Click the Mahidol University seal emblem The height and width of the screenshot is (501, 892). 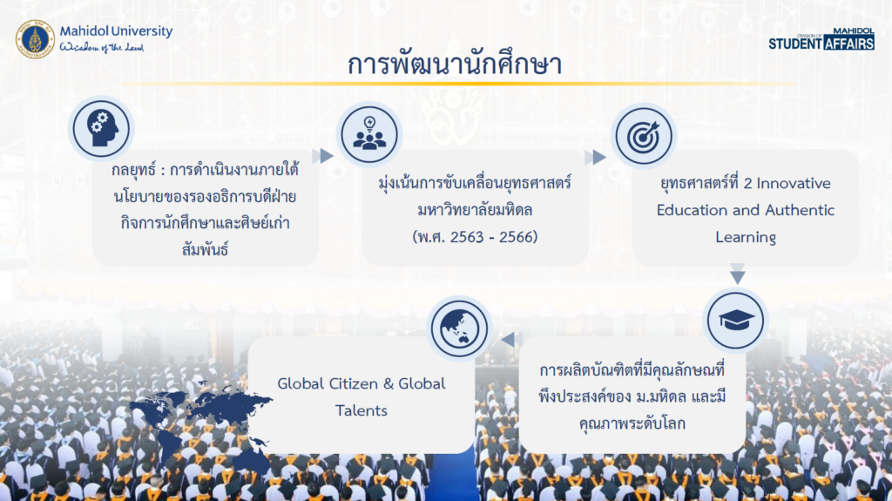tap(35, 39)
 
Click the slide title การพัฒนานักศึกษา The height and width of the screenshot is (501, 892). tap(455, 64)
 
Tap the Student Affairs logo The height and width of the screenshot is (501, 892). tap(821, 38)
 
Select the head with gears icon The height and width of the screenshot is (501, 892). tap(102, 129)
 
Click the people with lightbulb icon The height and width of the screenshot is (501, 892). tap(369, 135)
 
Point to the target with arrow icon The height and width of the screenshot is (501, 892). tap(644, 136)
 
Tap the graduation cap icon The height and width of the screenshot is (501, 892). tap(735, 321)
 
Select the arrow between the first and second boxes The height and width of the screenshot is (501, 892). tap(323, 155)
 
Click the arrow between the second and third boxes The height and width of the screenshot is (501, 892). tap(596, 157)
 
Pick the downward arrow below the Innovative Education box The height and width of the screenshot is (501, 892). tap(738, 274)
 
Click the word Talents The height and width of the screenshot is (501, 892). tap(362, 410)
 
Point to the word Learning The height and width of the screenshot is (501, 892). tap(746, 237)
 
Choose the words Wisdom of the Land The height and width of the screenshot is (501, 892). tap(102, 47)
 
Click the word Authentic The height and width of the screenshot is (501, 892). tap(800, 210)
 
